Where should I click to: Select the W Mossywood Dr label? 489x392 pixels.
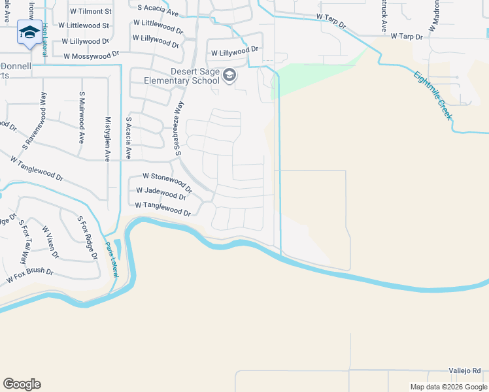[92, 56]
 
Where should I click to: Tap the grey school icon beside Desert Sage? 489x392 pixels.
[229, 76]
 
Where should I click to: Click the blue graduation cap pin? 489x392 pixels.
[29, 33]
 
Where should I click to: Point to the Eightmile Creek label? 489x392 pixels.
[432, 95]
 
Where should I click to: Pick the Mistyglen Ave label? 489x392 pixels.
[108, 139]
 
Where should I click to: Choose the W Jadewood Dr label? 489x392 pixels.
[161, 194]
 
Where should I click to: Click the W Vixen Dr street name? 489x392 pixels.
[50, 242]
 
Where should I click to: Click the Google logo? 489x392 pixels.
[22, 384]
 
